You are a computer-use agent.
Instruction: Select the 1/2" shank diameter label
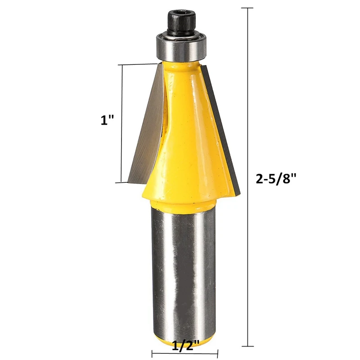[x=184, y=346]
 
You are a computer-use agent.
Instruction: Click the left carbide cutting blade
[x=145, y=130]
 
